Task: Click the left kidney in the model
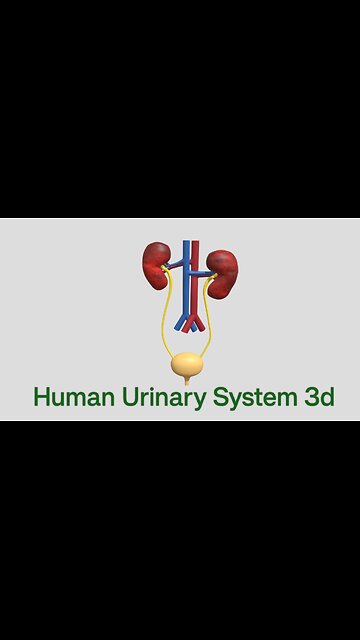coord(156,264)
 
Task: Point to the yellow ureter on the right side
coord(211,320)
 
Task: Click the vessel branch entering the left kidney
coord(173,266)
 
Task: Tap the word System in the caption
coord(252,397)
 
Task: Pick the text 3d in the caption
coord(318,397)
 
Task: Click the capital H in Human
coord(42,397)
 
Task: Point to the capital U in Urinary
coord(125,397)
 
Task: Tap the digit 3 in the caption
coord(311,397)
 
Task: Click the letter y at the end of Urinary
coord(201,400)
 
